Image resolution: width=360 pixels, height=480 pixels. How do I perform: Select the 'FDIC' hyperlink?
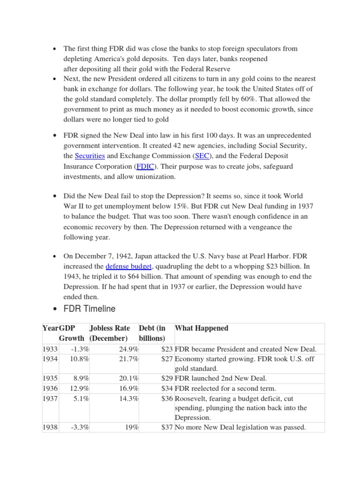coord(145,166)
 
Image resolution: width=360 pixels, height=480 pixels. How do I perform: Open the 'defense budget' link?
coord(126,266)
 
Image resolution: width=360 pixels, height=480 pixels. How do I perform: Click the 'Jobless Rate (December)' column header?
coord(110,333)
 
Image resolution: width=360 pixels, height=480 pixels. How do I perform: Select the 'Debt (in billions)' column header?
coord(152,333)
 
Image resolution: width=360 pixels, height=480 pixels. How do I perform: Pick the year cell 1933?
coord(50,349)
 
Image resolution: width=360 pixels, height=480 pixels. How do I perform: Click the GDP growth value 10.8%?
coord(80,359)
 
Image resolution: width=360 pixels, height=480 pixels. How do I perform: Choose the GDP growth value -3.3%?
coord(80,427)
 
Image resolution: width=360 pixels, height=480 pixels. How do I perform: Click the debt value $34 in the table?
coord(166,388)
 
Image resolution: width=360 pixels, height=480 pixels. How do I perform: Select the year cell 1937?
coord(50,398)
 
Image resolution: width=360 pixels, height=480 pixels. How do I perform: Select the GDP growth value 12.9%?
coord(80,388)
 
